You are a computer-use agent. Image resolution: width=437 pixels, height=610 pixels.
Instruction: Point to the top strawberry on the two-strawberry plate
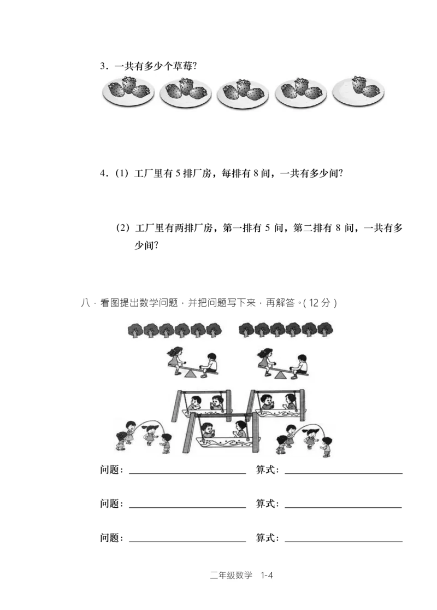(359, 84)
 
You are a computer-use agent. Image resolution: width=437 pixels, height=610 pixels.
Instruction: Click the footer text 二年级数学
(231, 575)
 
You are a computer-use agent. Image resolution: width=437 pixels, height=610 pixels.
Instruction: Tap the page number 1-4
(267, 575)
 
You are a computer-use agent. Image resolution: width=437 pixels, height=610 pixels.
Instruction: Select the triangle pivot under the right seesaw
(281, 374)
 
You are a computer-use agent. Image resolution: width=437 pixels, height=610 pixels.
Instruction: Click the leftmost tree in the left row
(135, 330)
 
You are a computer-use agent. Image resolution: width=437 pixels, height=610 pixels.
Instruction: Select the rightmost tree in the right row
(326, 330)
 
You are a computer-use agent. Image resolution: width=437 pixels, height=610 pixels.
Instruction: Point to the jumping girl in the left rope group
(147, 436)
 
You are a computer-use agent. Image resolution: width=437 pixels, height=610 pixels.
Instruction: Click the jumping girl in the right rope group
(311, 437)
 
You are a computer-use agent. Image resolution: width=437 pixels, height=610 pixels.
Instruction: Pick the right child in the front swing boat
(240, 429)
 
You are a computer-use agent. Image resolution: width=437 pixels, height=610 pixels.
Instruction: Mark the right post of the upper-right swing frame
(302, 405)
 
